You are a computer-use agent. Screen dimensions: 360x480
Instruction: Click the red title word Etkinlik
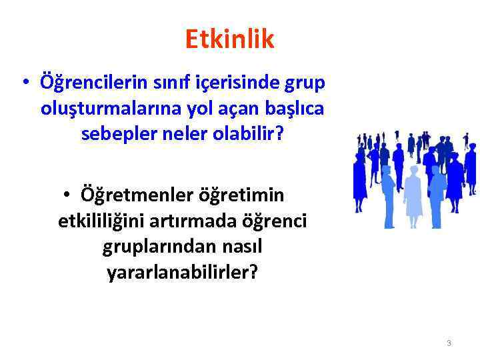pos(229,40)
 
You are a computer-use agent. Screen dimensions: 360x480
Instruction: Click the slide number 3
pos(449,343)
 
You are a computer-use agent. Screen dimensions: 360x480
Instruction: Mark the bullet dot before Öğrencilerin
pos(25,85)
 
